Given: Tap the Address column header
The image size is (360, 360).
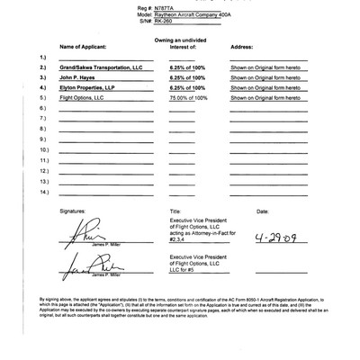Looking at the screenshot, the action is (242, 44).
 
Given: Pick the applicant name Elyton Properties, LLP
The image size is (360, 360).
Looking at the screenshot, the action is (88, 88).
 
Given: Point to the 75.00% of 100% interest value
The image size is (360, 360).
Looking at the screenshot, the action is (188, 99).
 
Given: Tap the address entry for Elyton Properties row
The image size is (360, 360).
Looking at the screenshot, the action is (265, 88).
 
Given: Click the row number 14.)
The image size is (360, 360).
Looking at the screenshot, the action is (44, 191).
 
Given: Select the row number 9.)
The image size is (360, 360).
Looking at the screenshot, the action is (43, 139).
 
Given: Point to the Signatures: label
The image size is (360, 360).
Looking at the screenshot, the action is (76, 211).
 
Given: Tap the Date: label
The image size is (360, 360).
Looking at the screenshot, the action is (263, 211).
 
